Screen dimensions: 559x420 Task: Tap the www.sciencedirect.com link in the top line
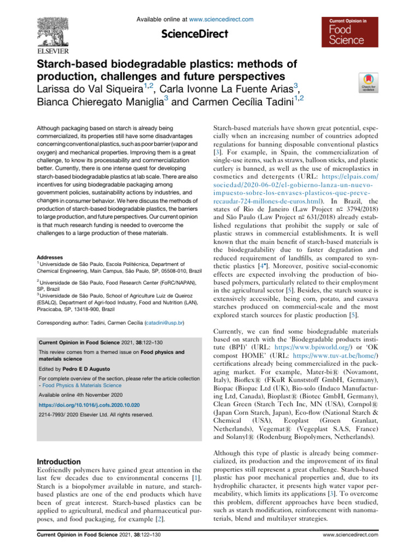coord(226,19)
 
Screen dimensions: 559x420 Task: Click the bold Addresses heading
coord(49,241)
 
